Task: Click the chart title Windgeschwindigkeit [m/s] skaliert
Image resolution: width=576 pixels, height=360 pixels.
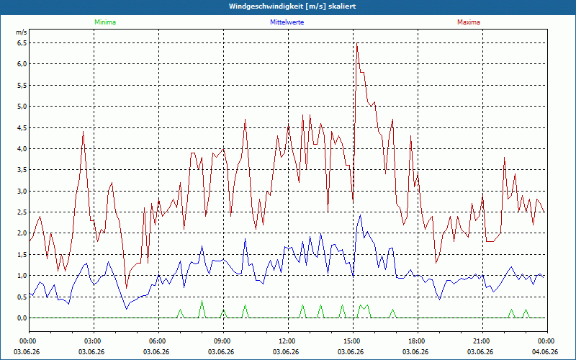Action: (292, 6)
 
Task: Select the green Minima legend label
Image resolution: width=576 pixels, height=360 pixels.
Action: (105, 22)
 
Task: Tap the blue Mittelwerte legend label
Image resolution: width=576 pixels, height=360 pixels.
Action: (287, 22)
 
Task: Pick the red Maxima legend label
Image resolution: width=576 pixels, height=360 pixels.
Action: (469, 22)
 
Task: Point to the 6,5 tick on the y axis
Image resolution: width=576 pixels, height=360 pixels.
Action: (22, 43)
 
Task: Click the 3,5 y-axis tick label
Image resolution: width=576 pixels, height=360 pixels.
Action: (22, 170)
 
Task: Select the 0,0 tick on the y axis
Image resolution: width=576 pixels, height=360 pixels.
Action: (22, 318)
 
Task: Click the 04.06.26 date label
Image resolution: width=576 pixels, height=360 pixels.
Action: (545, 351)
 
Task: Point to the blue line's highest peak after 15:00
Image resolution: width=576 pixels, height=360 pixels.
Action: (361, 215)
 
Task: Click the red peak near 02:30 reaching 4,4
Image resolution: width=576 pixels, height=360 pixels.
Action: (83, 132)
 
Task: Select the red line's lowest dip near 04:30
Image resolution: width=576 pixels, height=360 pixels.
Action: (127, 289)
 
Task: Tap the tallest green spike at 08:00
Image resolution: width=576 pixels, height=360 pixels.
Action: (202, 301)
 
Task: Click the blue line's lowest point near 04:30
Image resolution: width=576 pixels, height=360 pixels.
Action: (127, 310)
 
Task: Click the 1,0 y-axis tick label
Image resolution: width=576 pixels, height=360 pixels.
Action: (22, 276)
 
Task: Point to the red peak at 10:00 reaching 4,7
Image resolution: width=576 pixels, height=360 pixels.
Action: (245, 119)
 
